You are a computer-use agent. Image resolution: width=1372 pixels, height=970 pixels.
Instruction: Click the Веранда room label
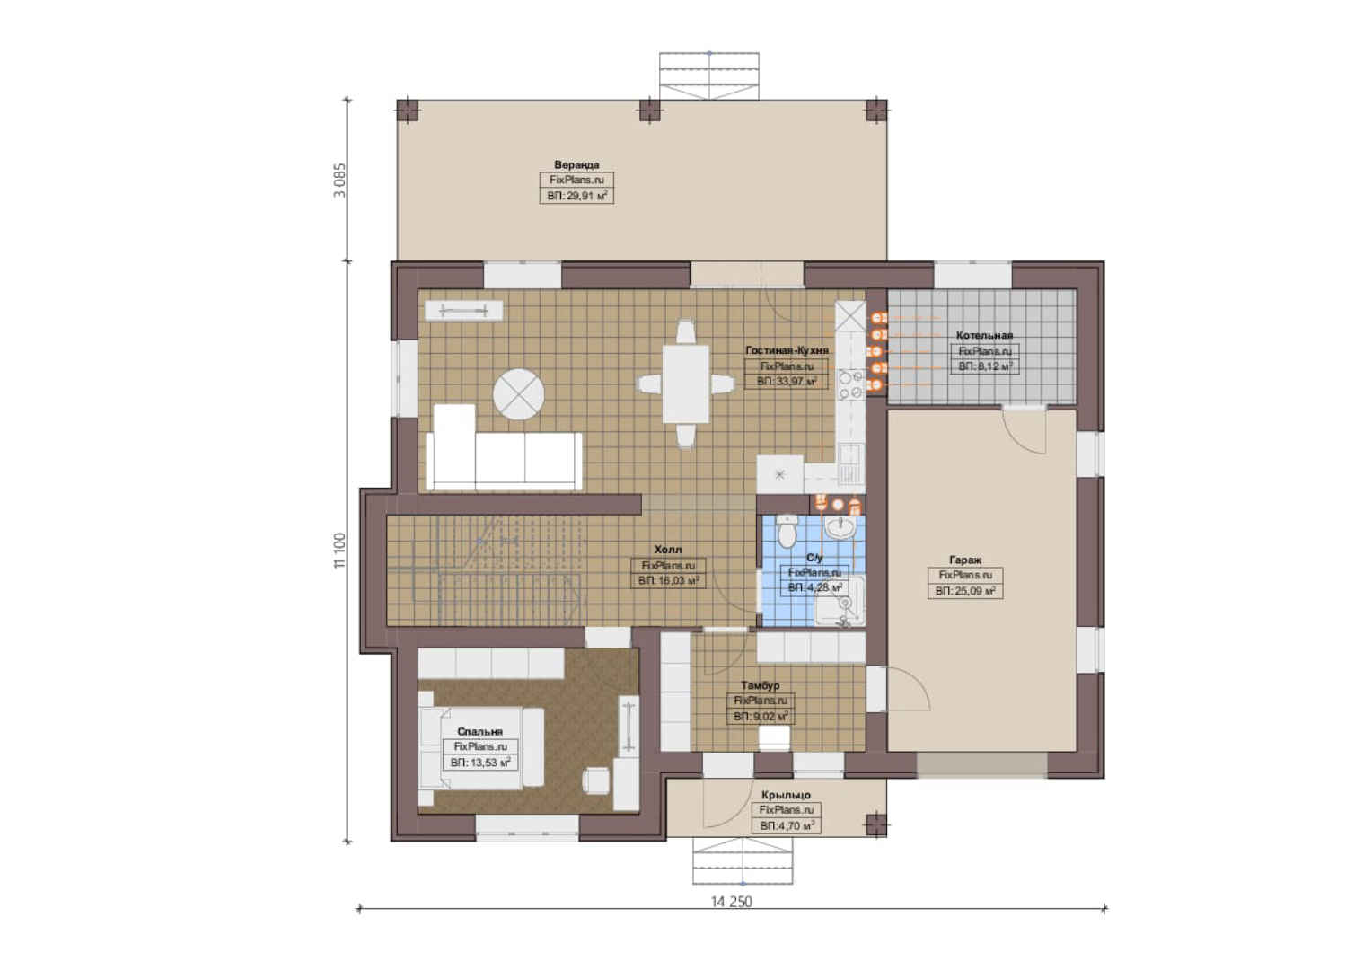[576, 165]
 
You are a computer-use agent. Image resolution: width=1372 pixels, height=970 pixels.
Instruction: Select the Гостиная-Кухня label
[787, 350]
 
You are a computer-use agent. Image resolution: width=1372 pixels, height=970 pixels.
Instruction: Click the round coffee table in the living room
[519, 394]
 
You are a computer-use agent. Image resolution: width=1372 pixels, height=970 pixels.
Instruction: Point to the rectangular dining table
[685, 384]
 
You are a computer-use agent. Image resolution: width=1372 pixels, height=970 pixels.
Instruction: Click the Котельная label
[984, 335]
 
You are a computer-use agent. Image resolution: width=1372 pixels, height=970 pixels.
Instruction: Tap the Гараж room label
[965, 560]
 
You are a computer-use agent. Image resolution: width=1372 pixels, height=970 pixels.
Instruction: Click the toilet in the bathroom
[787, 531]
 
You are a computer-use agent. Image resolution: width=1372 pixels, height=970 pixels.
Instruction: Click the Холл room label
[668, 550]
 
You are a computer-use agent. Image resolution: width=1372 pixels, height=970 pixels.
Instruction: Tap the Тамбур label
[761, 685]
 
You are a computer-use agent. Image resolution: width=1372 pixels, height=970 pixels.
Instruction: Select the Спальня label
[480, 731]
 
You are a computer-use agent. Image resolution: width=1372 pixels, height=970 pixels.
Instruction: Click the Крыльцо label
[786, 795]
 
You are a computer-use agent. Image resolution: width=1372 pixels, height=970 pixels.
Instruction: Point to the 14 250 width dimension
[731, 902]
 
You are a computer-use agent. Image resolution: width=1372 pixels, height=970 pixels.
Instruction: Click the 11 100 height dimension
[340, 551]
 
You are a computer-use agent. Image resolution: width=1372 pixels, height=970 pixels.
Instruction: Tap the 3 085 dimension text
[340, 181]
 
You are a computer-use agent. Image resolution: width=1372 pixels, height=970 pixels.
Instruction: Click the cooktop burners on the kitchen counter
[850, 384]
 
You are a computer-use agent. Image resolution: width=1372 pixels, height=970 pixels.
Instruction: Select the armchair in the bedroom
[598, 782]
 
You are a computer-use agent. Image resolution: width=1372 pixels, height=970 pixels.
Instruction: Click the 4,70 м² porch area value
[787, 826]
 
